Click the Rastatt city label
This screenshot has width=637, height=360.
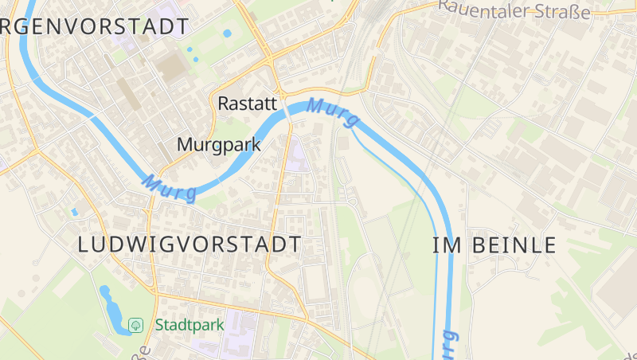click(247, 104)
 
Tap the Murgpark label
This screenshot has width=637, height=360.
click(219, 145)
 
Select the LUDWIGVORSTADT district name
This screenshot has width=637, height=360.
click(190, 245)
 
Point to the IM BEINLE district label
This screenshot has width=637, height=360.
click(494, 245)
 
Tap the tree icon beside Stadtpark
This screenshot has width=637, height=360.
click(135, 325)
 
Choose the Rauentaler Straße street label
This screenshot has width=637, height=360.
click(514, 10)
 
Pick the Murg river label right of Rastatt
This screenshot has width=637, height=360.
click(332, 112)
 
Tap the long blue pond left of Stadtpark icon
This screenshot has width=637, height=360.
click(112, 307)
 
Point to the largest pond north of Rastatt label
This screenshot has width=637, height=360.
click(228, 34)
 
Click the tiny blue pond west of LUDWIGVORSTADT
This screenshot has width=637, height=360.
click(74, 212)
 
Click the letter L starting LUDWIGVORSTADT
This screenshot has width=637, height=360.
click(84, 245)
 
